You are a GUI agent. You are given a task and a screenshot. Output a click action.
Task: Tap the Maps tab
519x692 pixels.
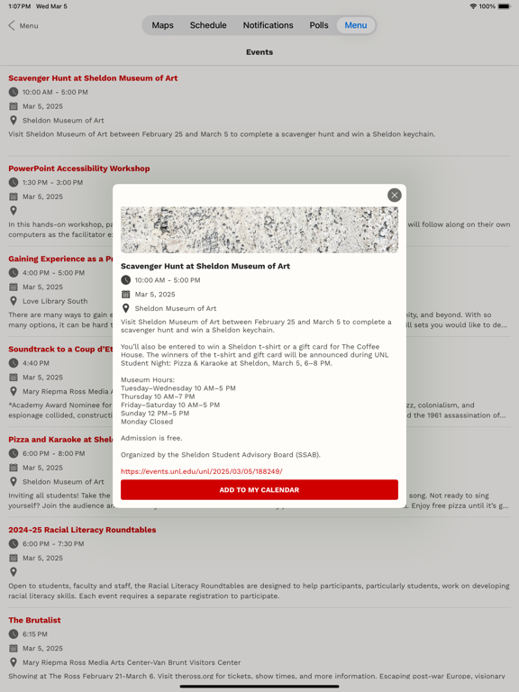point(162,25)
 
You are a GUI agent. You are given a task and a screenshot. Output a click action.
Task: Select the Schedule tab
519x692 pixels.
point(208,25)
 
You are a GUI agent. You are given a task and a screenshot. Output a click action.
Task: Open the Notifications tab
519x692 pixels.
point(268,25)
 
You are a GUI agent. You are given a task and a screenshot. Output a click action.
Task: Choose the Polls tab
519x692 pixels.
point(319,25)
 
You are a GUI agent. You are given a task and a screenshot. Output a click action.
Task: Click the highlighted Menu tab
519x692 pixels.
point(356,25)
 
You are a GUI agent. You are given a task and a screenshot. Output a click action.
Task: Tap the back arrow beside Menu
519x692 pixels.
point(12,25)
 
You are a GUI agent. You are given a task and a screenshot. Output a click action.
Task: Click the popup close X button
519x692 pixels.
point(394,196)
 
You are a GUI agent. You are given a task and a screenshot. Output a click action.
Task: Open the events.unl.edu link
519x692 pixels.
point(202,471)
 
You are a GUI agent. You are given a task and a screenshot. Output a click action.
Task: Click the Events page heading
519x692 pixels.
point(259,52)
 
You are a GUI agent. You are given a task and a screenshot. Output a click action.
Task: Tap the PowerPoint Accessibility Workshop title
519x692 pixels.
point(79,168)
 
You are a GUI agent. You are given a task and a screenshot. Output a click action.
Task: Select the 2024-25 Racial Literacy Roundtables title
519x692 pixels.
point(82,530)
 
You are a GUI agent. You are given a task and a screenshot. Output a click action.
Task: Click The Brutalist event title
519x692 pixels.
point(35,620)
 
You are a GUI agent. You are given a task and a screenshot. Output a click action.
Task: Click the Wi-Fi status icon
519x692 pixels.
point(473,6)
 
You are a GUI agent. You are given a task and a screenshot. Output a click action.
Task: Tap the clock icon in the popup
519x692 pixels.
point(126,280)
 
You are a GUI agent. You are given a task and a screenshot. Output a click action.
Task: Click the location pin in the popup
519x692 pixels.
point(126,308)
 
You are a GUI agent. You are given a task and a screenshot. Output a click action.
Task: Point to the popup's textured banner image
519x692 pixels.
point(259,230)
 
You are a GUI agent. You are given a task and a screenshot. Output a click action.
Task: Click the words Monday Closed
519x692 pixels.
point(147,421)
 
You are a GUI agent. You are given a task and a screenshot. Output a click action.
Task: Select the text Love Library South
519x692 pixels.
point(55,301)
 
